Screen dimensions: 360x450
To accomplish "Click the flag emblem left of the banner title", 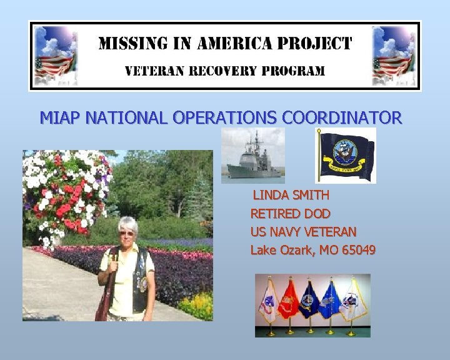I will click(x=56, y=56).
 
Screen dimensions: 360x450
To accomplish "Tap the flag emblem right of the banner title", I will click(x=394, y=56).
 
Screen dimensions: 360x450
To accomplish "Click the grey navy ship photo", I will click(x=252, y=156).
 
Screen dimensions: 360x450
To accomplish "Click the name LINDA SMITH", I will click(x=291, y=196).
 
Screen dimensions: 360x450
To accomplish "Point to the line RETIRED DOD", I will click(x=290, y=214).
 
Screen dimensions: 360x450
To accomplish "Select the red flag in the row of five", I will click(x=289, y=300).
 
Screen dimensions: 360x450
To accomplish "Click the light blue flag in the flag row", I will click(x=331, y=301).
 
